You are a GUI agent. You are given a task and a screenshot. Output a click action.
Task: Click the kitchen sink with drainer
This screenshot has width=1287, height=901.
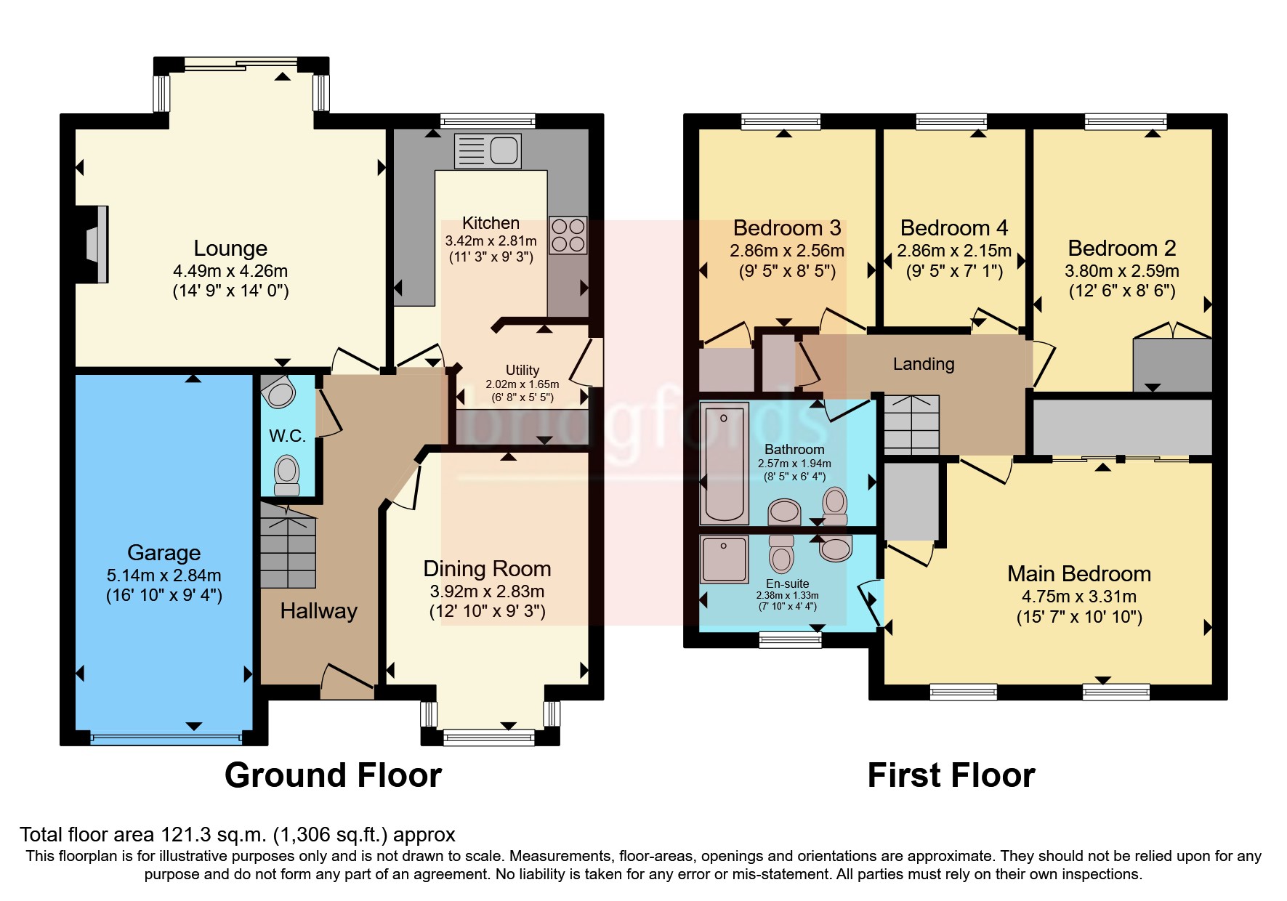pyautogui.click(x=488, y=151)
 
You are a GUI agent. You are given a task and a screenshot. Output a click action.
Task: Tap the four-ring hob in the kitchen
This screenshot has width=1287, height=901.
pyautogui.click(x=568, y=235)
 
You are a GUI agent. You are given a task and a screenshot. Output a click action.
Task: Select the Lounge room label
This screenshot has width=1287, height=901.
pyautogui.click(x=230, y=249)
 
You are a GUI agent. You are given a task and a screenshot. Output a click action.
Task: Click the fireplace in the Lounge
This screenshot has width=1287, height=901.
pyautogui.click(x=94, y=244)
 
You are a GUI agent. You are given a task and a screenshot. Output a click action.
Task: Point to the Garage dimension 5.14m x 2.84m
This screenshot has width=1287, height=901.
pyautogui.click(x=164, y=575)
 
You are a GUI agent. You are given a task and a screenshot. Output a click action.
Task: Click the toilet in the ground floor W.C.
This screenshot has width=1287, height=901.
pyautogui.click(x=287, y=474)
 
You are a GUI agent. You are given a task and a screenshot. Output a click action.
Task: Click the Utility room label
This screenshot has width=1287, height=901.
pyautogui.click(x=522, y=370)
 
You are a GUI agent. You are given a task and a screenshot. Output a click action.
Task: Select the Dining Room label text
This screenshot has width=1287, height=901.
pyautogui.click(x=487, y=569)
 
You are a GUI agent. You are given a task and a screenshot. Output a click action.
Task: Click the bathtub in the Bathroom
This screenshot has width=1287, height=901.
pyautogui.click(x=724, y=464)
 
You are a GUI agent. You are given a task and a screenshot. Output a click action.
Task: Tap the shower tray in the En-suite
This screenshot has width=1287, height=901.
pyautogui.click(x=724, y=559)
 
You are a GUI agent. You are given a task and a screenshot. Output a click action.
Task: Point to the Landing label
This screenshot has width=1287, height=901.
pyautogui.click(x=924, y=364)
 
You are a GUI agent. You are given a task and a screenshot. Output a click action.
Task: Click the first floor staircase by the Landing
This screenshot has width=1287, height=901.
pyautogui.click(x=911, y=424)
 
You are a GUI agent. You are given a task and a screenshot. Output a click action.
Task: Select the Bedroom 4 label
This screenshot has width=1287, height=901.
pyautogui.click(x=953, y=228)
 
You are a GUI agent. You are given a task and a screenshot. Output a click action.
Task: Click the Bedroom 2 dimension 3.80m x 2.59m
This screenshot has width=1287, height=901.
pyautogui.click(x=1121, y=271)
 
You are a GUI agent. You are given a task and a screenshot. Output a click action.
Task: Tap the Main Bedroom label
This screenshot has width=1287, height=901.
pyautogui.click(x=1078, y=574)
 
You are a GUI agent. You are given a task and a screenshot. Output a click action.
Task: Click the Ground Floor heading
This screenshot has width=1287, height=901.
pyautogui.click(x=333, y=775)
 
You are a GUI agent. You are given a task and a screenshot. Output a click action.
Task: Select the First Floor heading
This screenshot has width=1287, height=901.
pyautogui.click(x=951, y=775)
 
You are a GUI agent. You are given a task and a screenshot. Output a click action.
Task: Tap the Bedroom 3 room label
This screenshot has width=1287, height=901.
pyautogui.click(x=786, y=228)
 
